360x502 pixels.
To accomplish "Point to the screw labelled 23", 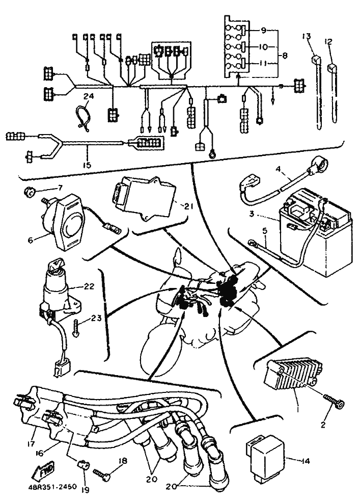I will [x=76, y=325].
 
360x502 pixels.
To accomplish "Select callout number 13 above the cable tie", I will [x=306, y=37].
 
